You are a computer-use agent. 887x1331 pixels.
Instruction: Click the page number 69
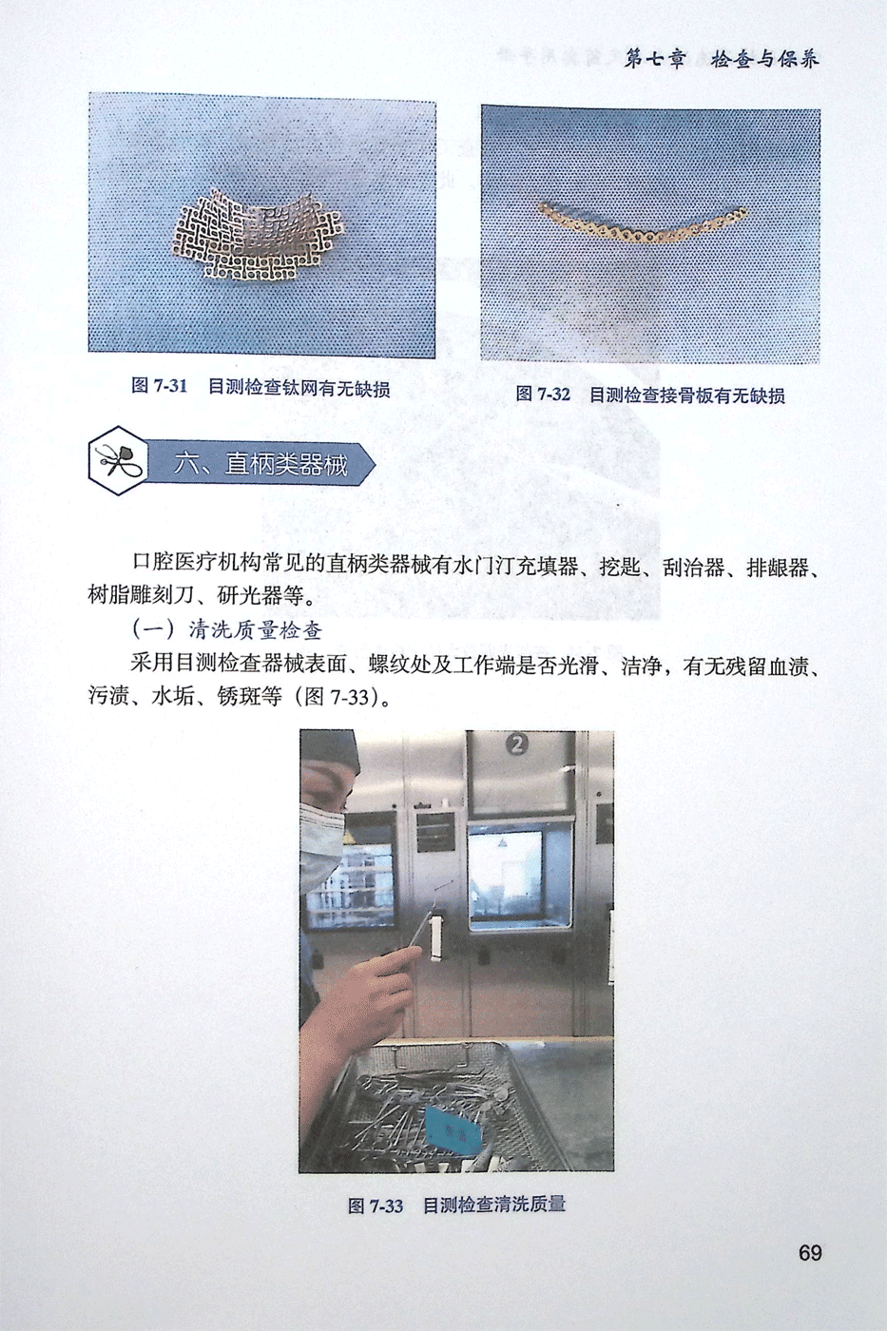point(810,1253)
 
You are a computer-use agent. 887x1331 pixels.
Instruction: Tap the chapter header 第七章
point(655,59)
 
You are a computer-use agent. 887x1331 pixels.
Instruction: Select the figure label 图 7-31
point(159,386)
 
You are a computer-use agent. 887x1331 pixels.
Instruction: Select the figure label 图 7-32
point(543,394)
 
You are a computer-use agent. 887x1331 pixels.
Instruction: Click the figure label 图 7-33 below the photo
point(376,1206)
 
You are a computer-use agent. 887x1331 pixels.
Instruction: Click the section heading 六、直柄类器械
point(260,464)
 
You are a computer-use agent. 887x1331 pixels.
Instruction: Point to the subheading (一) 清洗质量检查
point(227,629)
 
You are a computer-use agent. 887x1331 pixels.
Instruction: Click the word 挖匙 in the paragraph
point(620,568)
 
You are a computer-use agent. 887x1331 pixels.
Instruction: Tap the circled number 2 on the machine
point(518,743)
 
